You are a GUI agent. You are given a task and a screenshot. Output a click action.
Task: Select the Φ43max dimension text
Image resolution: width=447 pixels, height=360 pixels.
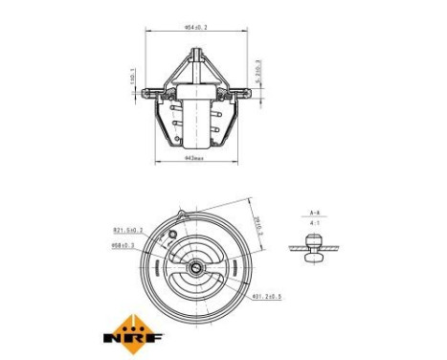point(195,158)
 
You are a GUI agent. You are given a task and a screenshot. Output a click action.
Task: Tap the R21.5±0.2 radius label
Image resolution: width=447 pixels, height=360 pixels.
point(127,230)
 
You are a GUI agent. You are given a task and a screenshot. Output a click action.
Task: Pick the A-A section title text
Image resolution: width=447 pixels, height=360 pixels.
point(314,212)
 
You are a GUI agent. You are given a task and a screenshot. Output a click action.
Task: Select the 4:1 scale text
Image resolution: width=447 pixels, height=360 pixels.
point(314,224)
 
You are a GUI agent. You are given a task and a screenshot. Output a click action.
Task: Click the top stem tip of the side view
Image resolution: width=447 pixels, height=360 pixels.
point(196,55)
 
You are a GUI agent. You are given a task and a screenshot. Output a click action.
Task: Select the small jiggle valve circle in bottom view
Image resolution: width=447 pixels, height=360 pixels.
point(170,236)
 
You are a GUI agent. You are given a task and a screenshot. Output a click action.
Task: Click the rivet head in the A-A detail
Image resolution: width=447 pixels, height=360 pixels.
point(313,240)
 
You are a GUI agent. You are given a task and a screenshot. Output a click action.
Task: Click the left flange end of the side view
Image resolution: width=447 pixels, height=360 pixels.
point(145,95)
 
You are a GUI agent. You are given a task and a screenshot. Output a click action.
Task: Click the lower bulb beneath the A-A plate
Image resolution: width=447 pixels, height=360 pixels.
point(313,257)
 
